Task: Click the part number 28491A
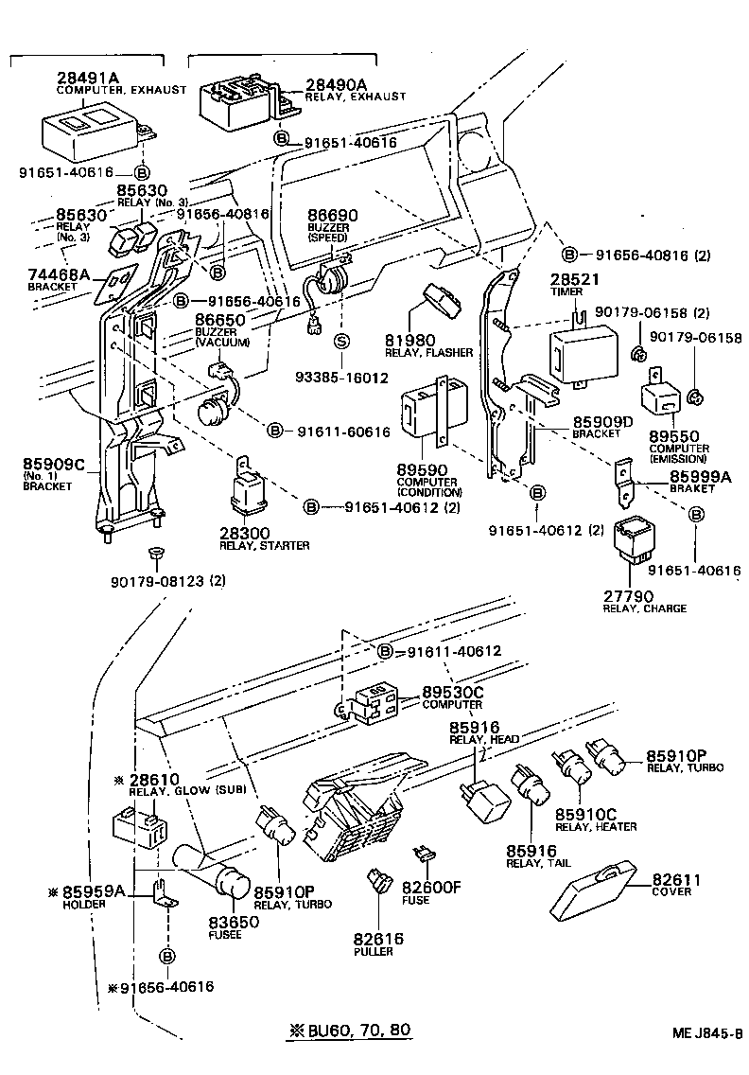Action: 89,78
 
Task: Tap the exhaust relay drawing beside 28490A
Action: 236,97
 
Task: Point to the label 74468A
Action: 59,273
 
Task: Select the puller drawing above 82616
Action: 381,882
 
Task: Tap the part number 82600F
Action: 430,887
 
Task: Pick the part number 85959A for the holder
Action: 94,890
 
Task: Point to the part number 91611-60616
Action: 343,432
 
